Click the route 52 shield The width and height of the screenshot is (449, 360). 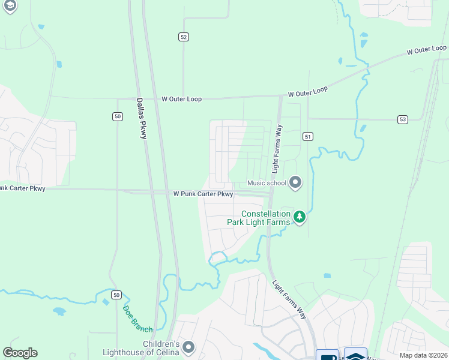(184, 37)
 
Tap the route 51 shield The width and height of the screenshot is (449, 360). (308, 137)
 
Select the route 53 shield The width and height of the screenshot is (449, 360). (402, 120)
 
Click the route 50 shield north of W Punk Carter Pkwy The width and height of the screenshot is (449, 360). (117, 116)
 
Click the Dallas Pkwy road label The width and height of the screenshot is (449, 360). (141, 118)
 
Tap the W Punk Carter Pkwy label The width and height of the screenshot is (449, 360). (203, 194)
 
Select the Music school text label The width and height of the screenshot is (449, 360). (267, 183)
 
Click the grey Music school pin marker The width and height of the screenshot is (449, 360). (295, 182)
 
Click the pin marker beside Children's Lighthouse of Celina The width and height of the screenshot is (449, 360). (189, 347)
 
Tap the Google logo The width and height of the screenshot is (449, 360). (20, 353)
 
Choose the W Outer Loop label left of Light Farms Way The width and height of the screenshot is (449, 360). (181, 99)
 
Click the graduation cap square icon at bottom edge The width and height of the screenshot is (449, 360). (355, 355)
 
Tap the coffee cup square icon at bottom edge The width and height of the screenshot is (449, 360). (327, 355)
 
